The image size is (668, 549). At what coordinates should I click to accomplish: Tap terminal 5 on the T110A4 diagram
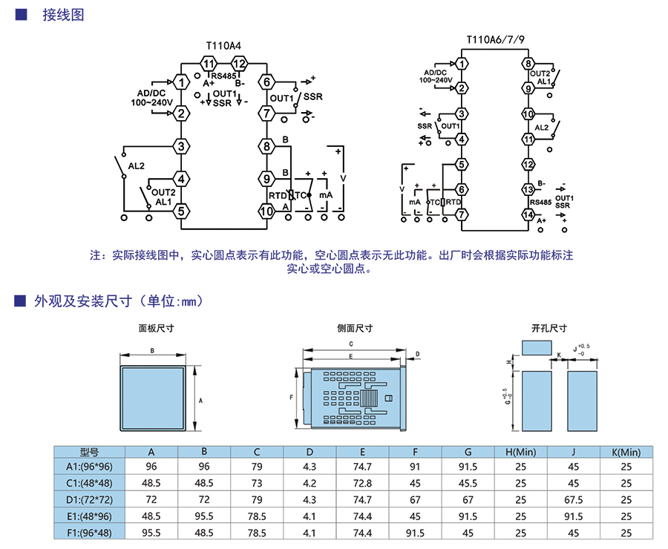(180, 211)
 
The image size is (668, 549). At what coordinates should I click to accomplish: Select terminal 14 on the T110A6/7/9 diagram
(528, 215)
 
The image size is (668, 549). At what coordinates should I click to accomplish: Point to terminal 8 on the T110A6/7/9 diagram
(528, 64)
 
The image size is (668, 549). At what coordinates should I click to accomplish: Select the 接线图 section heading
(63, 15)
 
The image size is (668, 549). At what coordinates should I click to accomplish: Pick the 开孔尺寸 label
(549, 328)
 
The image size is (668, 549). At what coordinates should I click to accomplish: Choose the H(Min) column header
(520, 452)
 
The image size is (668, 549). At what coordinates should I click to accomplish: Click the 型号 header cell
(89, 452)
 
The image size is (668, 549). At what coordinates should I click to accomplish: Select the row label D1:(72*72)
(89, 499)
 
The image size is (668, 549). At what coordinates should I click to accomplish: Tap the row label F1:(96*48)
(89, 532)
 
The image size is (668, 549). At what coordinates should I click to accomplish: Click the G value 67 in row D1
(468, 499)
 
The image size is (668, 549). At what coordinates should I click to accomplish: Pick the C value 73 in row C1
(257, 483)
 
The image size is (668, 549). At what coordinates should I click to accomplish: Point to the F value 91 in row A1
(415, 467)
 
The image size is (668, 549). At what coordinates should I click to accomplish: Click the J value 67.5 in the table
(573, 499)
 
